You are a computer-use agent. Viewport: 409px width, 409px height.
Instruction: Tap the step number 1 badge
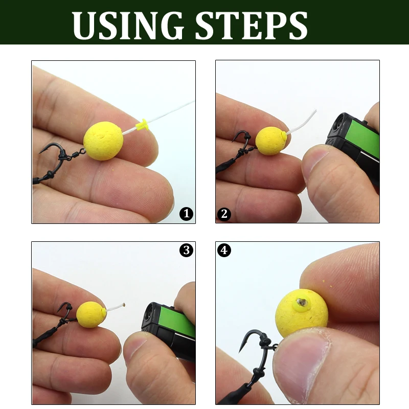(187, 214)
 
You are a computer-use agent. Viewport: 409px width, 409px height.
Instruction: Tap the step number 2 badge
(224, 214)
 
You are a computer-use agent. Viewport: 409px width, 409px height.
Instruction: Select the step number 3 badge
(187, 250)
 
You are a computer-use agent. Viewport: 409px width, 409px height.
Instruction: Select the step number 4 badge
(224, 250)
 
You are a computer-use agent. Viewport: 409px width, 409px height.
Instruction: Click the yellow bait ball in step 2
(270, 141)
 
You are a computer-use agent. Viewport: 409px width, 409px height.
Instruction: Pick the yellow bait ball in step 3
(91, 315)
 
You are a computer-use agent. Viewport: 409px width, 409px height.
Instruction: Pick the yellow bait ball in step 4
(302, 312)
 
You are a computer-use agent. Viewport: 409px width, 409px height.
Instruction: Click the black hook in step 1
(56, 153)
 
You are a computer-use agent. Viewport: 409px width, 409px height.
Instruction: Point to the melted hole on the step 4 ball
(302, 302)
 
